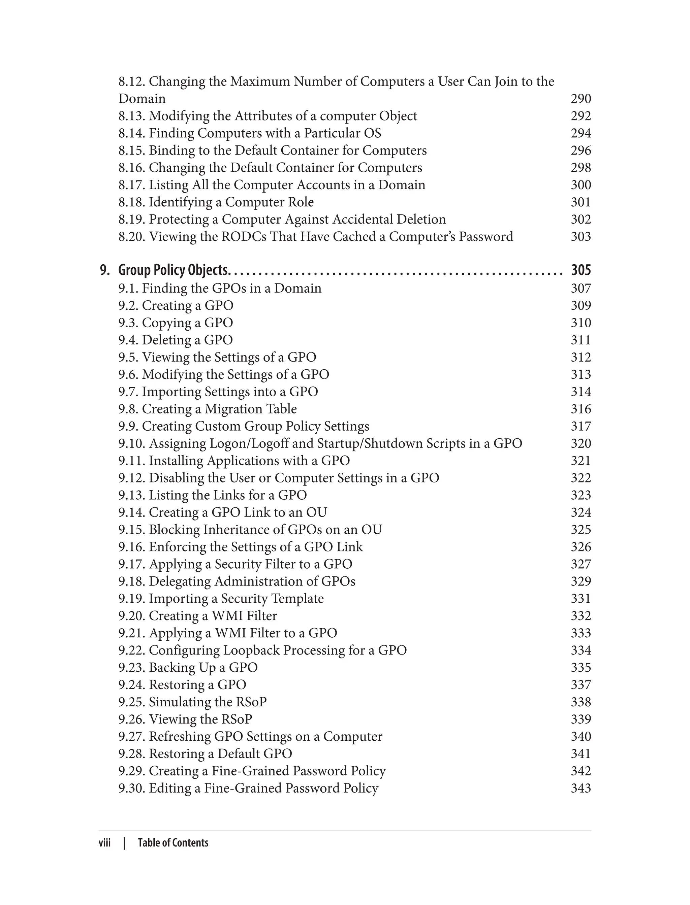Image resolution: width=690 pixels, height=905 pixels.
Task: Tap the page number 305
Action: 581,270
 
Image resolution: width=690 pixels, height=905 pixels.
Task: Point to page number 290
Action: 581,99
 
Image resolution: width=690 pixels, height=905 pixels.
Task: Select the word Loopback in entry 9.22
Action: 251,650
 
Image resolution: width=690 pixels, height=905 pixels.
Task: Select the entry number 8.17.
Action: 132,185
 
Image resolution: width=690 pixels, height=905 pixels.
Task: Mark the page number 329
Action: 581,581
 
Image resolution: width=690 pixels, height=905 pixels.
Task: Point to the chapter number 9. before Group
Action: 105,270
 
